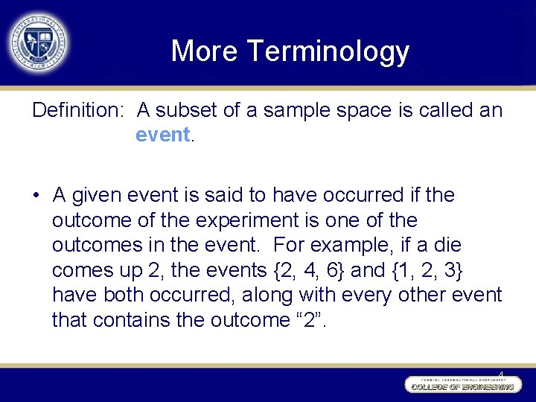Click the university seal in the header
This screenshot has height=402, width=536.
[39, 41]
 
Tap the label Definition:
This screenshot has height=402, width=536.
[77, 111]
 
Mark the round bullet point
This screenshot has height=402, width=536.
[36, 196]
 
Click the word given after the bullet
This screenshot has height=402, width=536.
[97, 196]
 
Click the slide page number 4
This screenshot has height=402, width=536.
[500, 374]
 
